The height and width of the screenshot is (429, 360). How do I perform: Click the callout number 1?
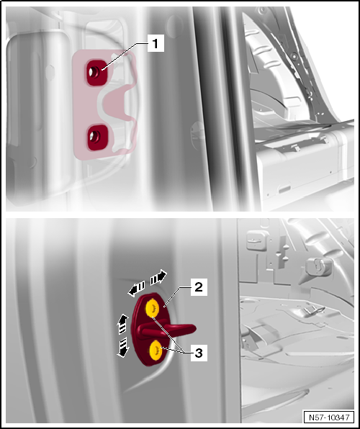[x=155, y=43]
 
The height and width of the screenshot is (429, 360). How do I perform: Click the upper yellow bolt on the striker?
[x=153, y=309]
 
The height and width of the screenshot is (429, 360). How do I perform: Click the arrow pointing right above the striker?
[x=158, y=277]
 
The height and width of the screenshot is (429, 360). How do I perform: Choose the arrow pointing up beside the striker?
[x=123, y=321]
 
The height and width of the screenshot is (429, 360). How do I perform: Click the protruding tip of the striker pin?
[x=192, y=329]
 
